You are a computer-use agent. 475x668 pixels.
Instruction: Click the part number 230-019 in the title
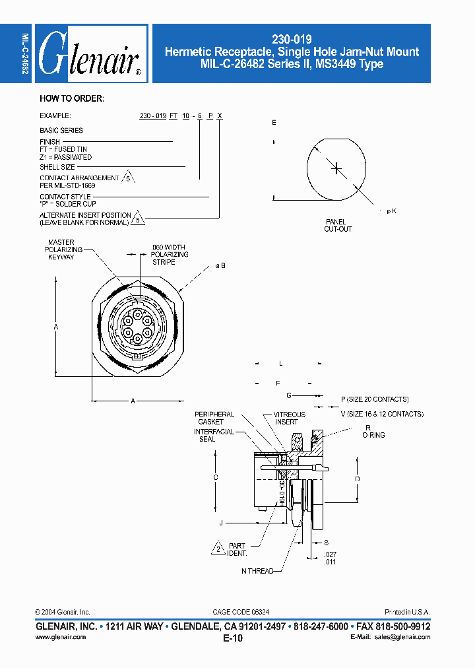pyautogui.click(x=292, y=39)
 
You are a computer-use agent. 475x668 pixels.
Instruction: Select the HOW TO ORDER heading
pyautogui.click(x=71, y=99)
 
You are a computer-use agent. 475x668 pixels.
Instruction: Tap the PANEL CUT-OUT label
pyautogui.click(x=338, y=226)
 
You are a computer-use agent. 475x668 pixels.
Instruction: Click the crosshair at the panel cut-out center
pyautogui.click(x=336, y=168)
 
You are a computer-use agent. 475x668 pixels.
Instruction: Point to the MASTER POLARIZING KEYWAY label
pyautogui.click(x=61, y=250)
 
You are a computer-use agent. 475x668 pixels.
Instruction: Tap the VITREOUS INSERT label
pyautogui.click(x=289, y=418)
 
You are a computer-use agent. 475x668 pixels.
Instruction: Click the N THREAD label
pyautogui.click(x=257, y=571)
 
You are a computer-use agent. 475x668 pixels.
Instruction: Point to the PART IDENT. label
pyautogui.click(x=237, y=549)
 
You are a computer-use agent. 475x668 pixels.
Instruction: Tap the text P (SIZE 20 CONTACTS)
pyautogui.click(x=374, y=399)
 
